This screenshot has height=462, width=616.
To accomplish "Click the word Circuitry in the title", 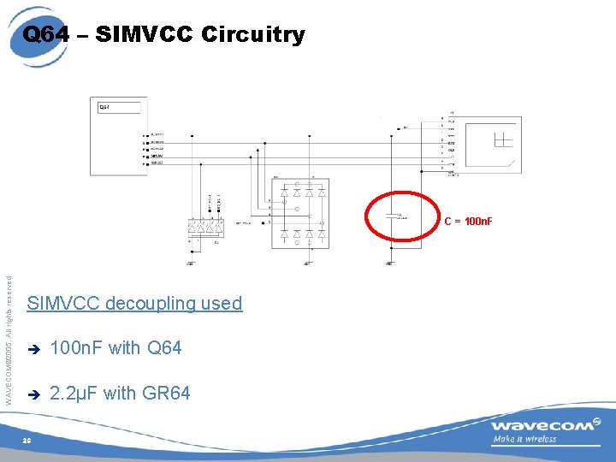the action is coord(253,34).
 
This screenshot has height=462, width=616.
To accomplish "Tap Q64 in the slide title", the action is coord(45,34).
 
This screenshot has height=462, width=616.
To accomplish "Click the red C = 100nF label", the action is coord(468,222).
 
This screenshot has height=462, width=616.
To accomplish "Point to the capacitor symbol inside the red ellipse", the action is coord(393,216).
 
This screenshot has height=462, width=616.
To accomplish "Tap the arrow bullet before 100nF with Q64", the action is coord(34,349).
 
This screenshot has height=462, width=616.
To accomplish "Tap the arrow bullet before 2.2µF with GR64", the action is coord(34,394).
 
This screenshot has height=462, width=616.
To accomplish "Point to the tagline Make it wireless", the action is coord(524,440).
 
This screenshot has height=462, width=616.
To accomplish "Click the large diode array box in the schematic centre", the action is coord(298,214).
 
